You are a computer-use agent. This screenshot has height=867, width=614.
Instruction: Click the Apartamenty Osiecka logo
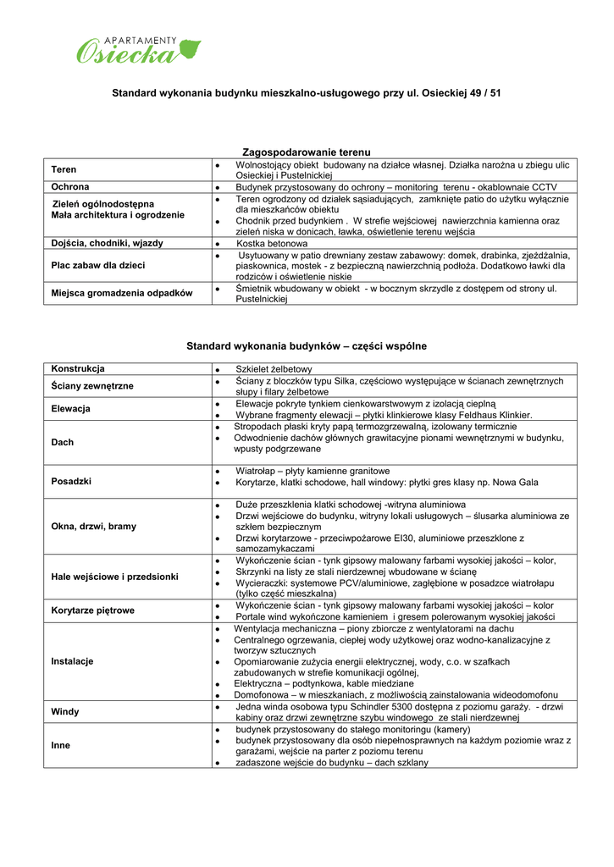point(139,50)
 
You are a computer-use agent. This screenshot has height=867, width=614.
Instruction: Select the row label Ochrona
point(70,187)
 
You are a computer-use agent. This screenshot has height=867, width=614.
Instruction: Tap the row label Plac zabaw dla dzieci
point(97,266)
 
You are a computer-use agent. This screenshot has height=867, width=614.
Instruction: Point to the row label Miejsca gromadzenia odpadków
point(122,293)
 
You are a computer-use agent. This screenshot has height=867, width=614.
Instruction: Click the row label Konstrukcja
point(78,369)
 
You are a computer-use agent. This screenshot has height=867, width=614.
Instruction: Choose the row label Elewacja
point(71,409)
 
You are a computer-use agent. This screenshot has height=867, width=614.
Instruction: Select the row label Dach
point(63,442)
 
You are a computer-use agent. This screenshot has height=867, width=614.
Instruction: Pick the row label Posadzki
point(71,481)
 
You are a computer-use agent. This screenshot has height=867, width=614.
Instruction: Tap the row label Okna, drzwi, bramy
point(93,527)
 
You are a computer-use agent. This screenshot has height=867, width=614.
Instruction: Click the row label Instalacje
point(72,661)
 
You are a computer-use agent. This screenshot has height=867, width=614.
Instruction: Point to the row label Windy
point(65,712)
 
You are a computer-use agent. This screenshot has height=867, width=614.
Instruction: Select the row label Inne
point(61,746)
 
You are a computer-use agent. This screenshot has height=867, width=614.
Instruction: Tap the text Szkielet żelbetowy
point(274,369)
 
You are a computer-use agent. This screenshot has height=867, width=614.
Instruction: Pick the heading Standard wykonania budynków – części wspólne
point(307,346)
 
